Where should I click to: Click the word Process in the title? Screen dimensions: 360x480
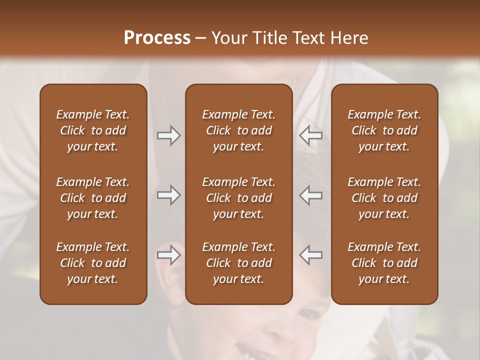coord(157,38)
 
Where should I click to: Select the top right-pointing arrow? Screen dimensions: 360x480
coord(168,135)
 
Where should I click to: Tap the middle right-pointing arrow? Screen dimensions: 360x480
coord(168,195)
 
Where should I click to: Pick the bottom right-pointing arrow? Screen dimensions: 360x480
coord(168,255)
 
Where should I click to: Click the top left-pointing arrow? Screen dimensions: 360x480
coord(310,135)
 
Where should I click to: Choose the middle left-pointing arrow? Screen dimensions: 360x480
coord(310,195)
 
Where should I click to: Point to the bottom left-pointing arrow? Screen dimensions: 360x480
coord(310,255)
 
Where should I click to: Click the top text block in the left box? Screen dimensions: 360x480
coord(93,130)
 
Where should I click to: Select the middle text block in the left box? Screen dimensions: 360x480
coord(93,198)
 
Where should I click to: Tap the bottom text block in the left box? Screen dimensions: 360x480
coord(93,263)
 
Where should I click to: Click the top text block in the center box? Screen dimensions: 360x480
coord(238,130)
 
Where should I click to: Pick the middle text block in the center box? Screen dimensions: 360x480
coord(238,198)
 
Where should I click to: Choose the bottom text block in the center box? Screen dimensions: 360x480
coord(238,263)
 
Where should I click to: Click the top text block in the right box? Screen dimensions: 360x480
coord(384,130)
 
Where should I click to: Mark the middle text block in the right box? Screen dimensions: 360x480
coord(384,198)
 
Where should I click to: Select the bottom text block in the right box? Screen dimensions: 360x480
coord(384,263)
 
